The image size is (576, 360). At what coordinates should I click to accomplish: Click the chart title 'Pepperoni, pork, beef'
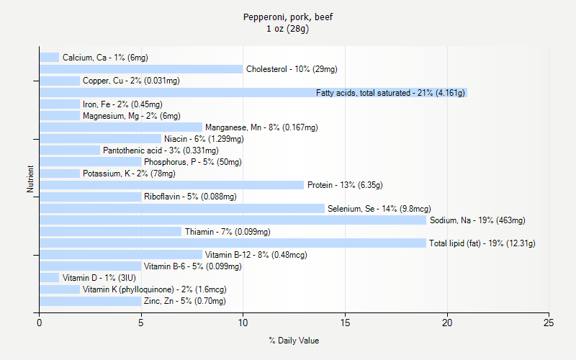pyautogui.click(x=287, y=17)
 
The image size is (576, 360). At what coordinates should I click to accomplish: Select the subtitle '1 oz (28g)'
pyautogui.click(x=287, y=29)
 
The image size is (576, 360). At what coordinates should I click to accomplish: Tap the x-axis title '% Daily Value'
pyautogui.click(x=294, y=341)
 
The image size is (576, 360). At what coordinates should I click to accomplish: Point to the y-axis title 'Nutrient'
pyautogui.click(x=30, y=179)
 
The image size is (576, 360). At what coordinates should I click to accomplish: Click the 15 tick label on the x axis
pyautogui.click(x=345, y=323)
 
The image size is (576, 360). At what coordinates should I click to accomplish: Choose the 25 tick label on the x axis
pyautogui.click(x=549, y=323)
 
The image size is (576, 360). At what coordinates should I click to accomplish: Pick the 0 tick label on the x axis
pyautogui.click(x=40, y=323)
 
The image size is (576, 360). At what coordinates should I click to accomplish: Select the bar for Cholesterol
pyautogui.click(x=141, y=69)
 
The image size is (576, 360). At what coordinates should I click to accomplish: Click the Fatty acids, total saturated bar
pyautogui.click(x=176, y=92)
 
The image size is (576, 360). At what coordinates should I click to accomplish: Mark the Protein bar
pyautogui.click(x=171, y=185)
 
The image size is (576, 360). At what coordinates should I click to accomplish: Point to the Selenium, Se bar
pyautogui.click(x=181, y=208)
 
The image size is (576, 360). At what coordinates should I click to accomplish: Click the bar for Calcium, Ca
pyautogui.click(x=50, y=58)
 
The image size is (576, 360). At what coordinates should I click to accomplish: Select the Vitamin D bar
pyautogui.click(x=50, y=278)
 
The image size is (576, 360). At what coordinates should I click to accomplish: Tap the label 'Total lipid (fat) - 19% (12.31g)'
pyautogui.click(x=482, y=243)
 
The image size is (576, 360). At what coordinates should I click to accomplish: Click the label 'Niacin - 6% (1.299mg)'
pyautogui.click(x=204, y=139)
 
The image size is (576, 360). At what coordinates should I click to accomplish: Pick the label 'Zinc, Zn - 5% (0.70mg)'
pyautogui.click(x=185, y=301)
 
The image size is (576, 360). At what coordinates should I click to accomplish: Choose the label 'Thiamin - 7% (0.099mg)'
pyautogui.click(x=228, y=232)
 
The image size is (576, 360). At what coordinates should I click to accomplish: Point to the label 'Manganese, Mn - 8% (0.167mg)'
pyautogui.click(x=261, y=127)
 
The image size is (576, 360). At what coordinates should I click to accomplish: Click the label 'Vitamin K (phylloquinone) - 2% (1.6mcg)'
pyautogui.click(x=155, y=289)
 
